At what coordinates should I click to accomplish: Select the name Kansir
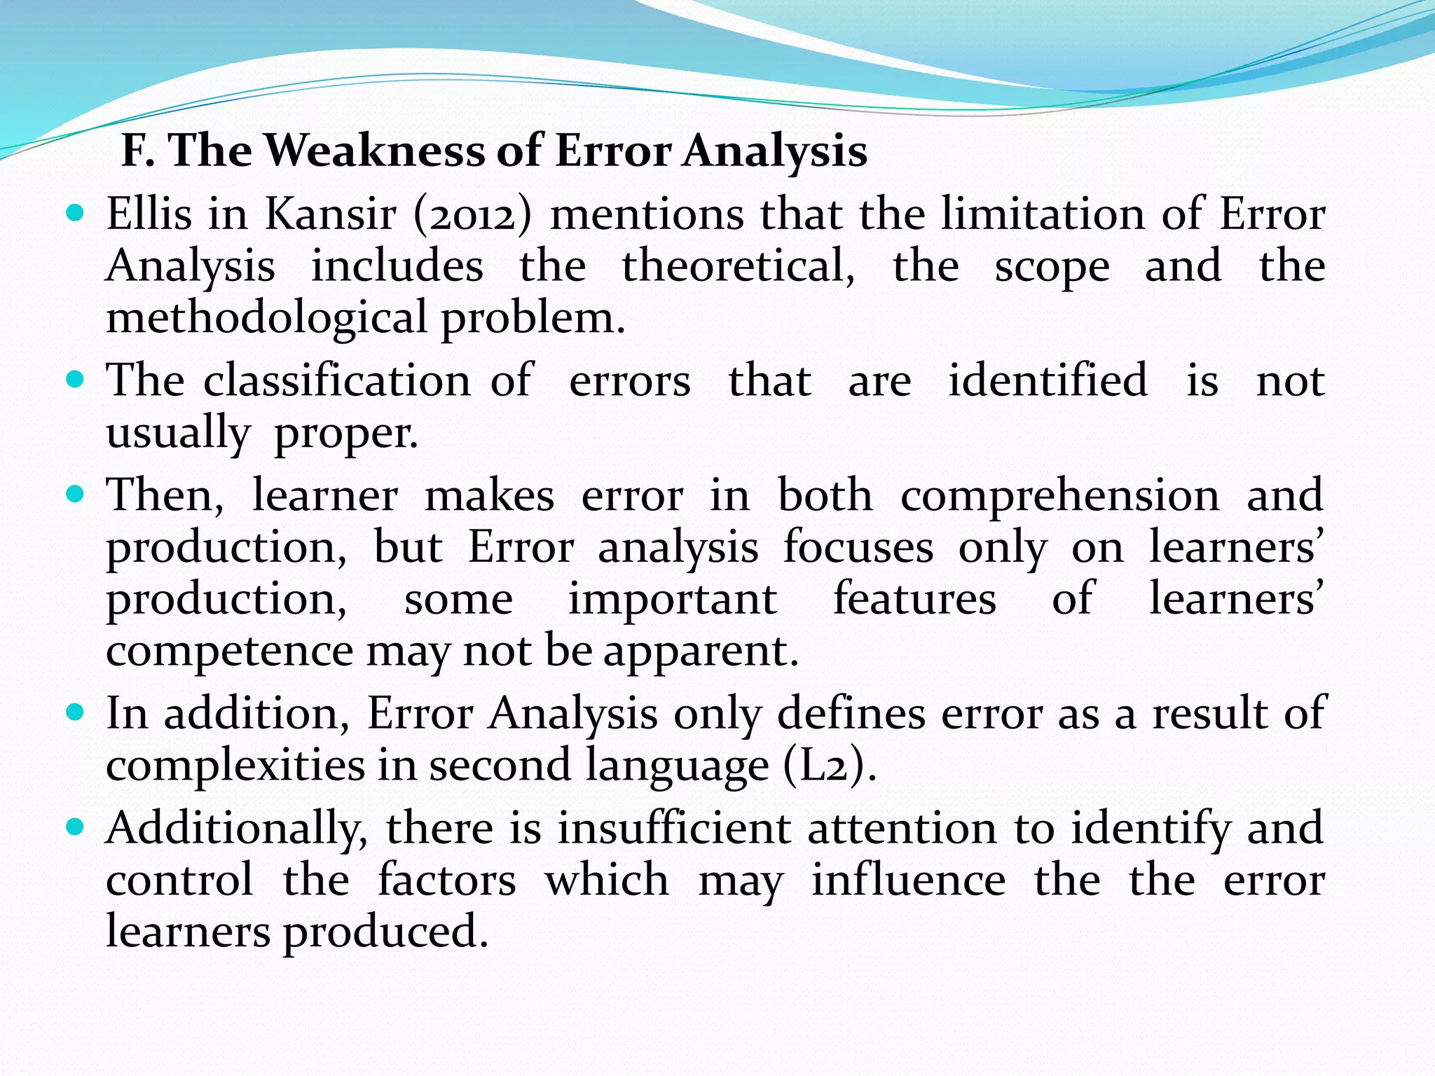331,214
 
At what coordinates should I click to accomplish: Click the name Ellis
149,214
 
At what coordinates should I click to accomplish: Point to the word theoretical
739,267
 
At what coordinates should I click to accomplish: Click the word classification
337,381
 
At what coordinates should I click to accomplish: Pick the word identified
1048,381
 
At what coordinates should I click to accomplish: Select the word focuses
858,547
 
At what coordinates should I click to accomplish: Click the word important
672,599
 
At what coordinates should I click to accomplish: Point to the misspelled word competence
230,651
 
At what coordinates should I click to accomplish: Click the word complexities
235,766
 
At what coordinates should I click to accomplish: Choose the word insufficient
674,829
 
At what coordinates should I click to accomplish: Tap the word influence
909,881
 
